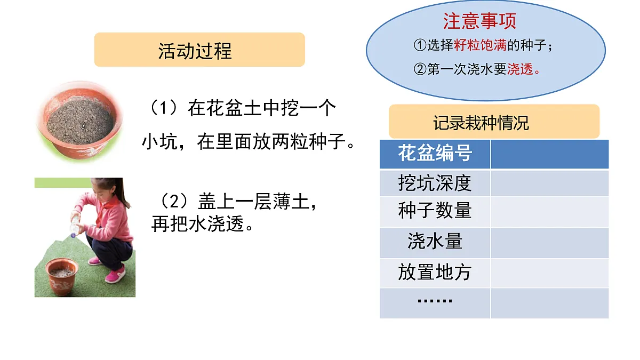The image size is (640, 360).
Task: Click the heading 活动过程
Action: coord(195,51)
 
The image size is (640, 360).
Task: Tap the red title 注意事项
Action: coord(479,21)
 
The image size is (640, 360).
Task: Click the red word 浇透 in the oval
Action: coord(520,69)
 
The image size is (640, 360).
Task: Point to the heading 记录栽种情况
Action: coord(481,123)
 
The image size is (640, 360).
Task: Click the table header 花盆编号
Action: coord(435,154)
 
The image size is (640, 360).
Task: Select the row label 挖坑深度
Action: coord(435,183)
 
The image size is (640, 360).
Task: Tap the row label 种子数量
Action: coord(435,211)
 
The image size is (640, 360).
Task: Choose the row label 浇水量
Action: coord(435,242)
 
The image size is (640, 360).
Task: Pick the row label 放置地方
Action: coord(435,273)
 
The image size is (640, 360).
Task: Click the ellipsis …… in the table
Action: coord(435,301)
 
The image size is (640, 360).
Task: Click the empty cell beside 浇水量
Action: coord(549,243)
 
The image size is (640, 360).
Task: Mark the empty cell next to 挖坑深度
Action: coord(549,183)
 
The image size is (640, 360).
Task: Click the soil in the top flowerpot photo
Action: coord(80,122)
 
